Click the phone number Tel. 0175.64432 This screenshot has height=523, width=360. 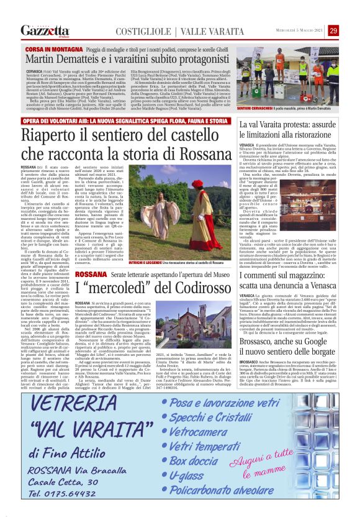[58, 493]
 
